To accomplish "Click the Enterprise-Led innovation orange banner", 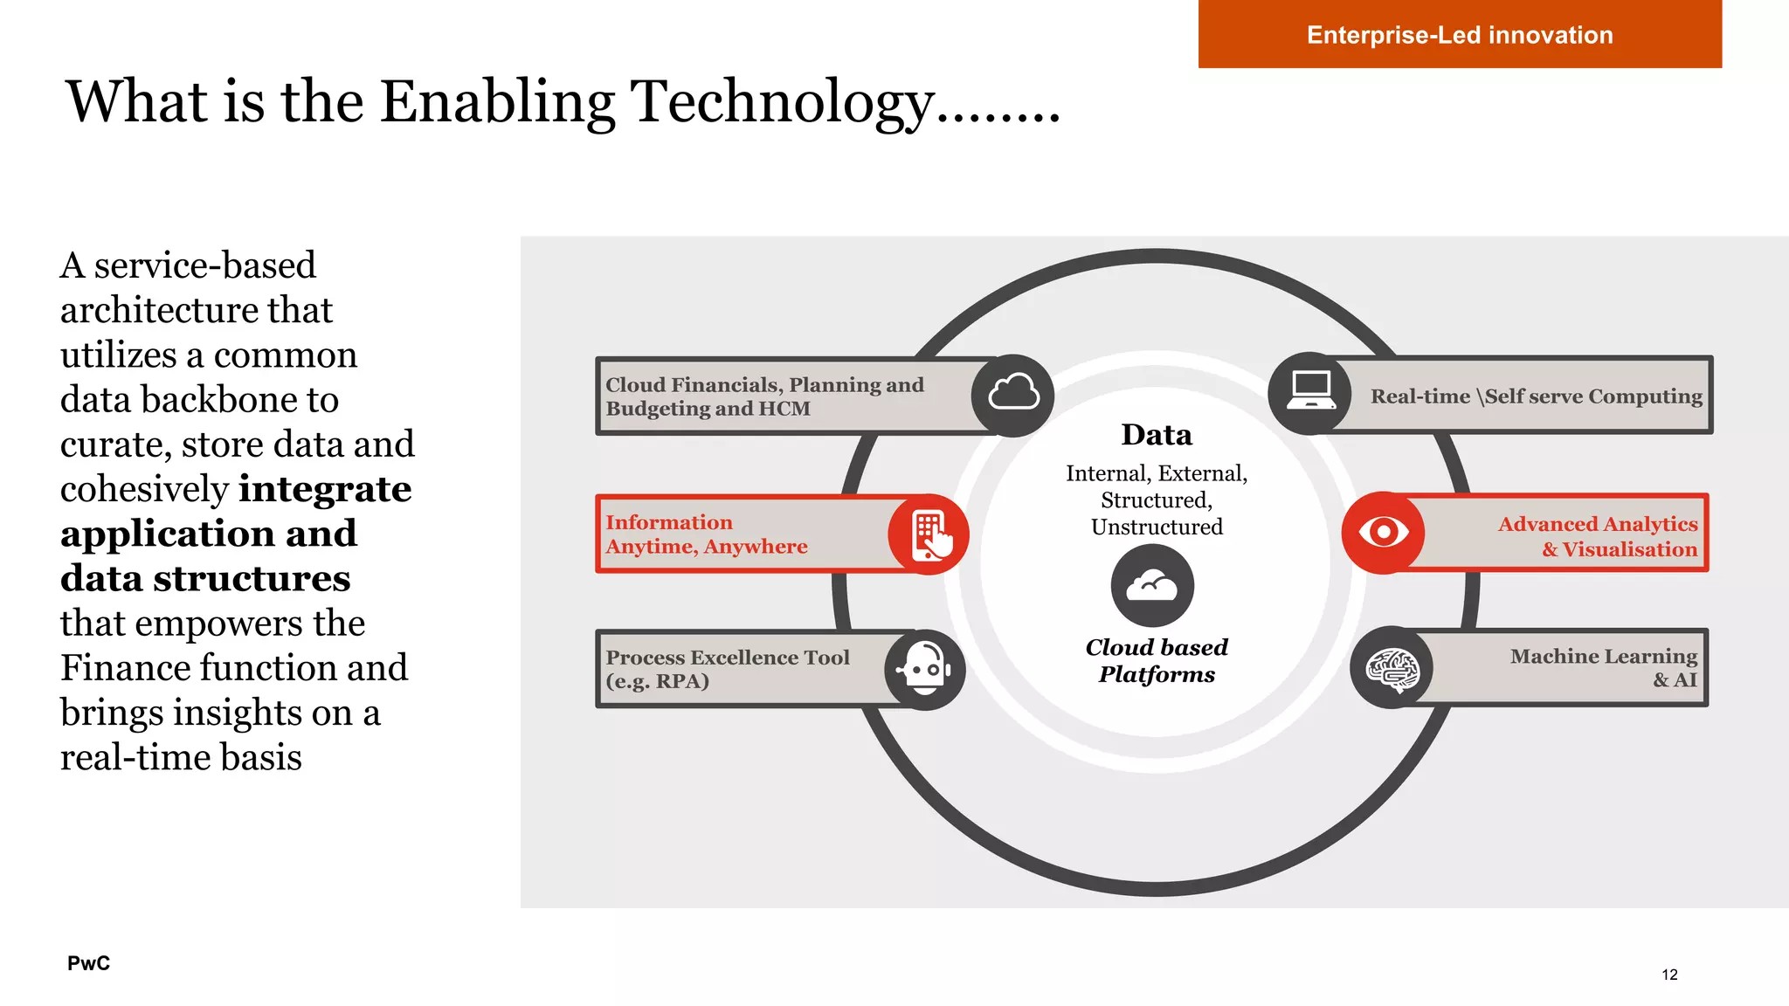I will tap(1459, 34).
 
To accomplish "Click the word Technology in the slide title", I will tap(782, 102).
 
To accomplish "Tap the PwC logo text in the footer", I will tap(88, 963).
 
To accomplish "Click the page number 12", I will tap(1669, 975).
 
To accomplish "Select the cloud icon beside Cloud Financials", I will tap(1013, 395).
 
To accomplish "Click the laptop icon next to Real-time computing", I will tap(1310, 393).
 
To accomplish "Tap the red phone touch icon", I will tap(929, 534).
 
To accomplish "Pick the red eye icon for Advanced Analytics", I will tap(1383, 532).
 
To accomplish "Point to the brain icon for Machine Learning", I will tap(1392, 669).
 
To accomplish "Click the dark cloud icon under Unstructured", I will tap(1152, 585).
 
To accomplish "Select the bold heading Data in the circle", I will tap(1156, 435).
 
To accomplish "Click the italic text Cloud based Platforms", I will tap(1156, 660).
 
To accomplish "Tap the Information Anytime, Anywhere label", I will tap(706, 534).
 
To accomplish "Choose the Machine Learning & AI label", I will tap(1603, 667).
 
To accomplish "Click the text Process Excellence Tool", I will tap(727, 658).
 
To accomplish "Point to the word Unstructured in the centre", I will tap(1156, 527).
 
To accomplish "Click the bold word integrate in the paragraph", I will tap(324, 489).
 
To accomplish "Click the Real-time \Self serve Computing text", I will tap(1536, 396).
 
